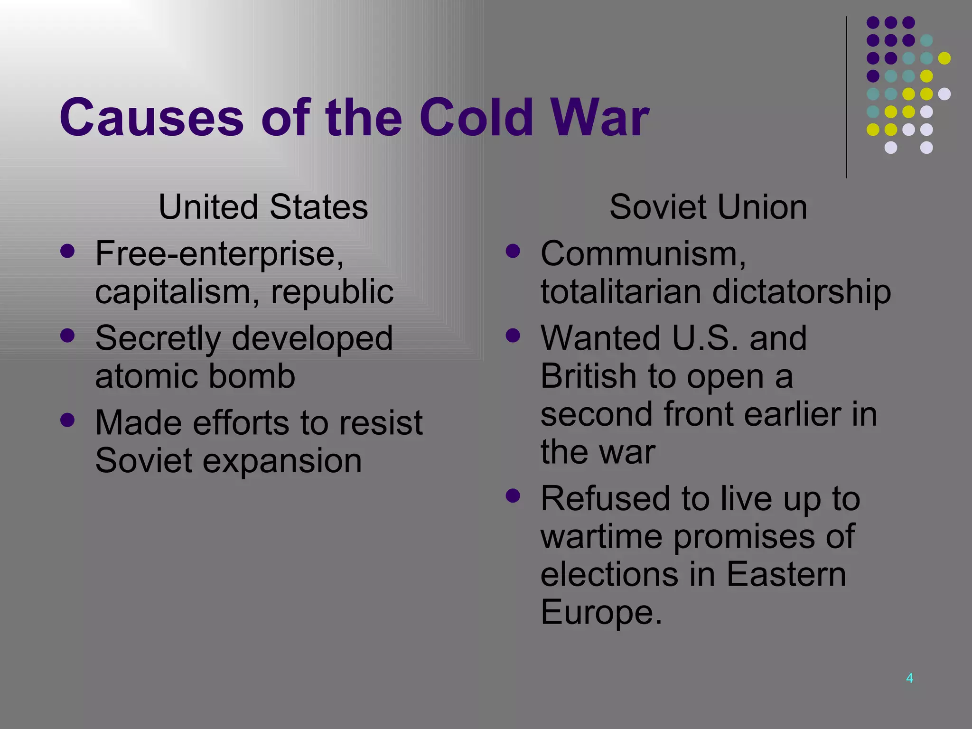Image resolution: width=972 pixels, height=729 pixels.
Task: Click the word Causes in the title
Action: (151, 117)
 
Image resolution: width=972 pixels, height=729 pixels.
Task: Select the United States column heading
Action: (263, 207)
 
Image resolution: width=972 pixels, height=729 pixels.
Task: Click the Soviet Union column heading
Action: (708, 207)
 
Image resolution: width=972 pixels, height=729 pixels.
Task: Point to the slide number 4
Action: (909, 678)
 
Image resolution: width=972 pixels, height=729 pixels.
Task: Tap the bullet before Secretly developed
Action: (68, 336)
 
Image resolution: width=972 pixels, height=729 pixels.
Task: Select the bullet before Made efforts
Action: (68, 420)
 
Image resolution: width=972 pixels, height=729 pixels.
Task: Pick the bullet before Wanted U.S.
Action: (513, 336)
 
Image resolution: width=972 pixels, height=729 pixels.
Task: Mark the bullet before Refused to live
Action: (513, 496)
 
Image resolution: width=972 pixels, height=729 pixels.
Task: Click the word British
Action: (588, 376)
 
